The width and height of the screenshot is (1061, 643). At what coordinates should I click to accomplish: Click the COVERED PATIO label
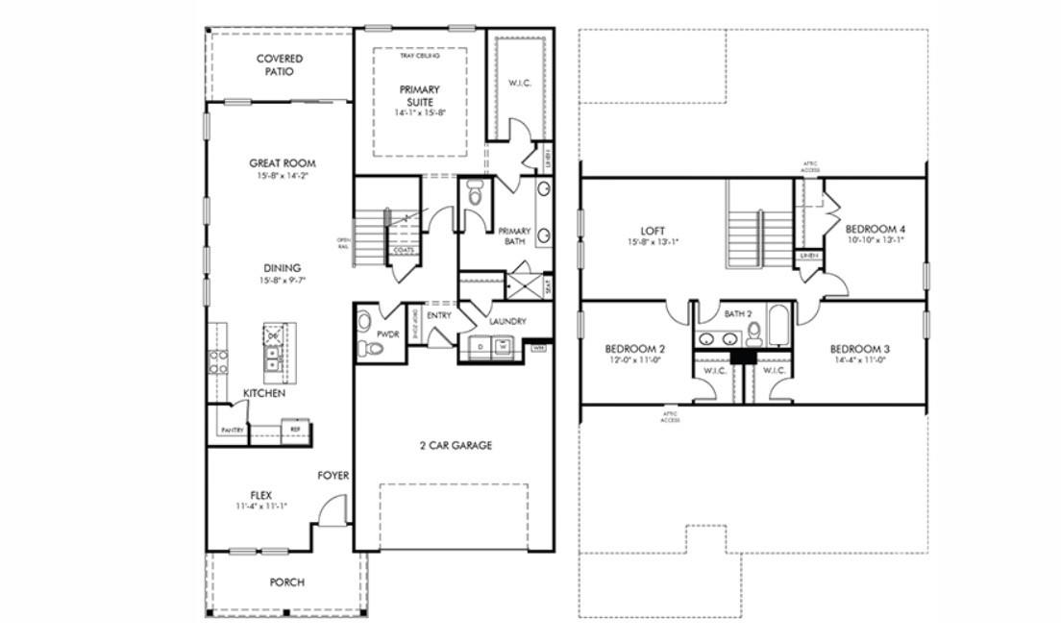pyautogui.click(x=280, y=65)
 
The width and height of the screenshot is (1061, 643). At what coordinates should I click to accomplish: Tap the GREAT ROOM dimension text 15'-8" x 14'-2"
pyautogui.click(x=283, y=176)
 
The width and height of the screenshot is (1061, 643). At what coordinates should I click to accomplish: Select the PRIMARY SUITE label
pyautogui.click(x=419, y=95)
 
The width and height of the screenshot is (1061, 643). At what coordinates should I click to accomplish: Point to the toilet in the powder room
pyautogui.click(x=363, y=347)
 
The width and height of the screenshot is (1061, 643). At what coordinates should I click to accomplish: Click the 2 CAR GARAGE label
pyautogui.click(x=456, y=445)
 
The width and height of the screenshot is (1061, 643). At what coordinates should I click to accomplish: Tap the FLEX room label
pyautogui.click(x=260, y=495)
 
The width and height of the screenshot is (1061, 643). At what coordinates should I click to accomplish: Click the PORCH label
pyautogui.click(x=286, y=582)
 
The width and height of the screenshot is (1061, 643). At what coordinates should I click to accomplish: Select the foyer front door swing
pyautogui.click(x=332, y=510)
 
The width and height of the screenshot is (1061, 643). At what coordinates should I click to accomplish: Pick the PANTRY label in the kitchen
pyautogui.click(x=231, y=430)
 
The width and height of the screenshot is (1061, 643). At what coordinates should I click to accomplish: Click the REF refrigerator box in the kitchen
pyautogui.click(x=296, y=430)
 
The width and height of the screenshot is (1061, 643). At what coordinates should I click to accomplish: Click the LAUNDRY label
pyautogui.click(x=507, y=321)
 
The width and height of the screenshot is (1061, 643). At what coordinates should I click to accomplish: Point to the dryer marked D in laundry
pyautogui.click(x=481, y=346)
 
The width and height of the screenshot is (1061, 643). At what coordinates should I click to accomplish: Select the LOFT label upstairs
pyautogui.click(x=653, y=232)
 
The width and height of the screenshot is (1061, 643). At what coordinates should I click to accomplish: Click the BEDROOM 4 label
pyautogui.click(x=876, y=229)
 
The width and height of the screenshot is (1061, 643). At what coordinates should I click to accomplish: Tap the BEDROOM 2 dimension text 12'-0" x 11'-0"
pyautogui.click(x=635, y=361)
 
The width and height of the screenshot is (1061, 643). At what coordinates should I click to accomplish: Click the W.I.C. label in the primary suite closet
pyautogui.click(x=520, y=83)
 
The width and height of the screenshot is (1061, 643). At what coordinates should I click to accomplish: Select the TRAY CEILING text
pyautogui.click(x=419, y=56)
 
